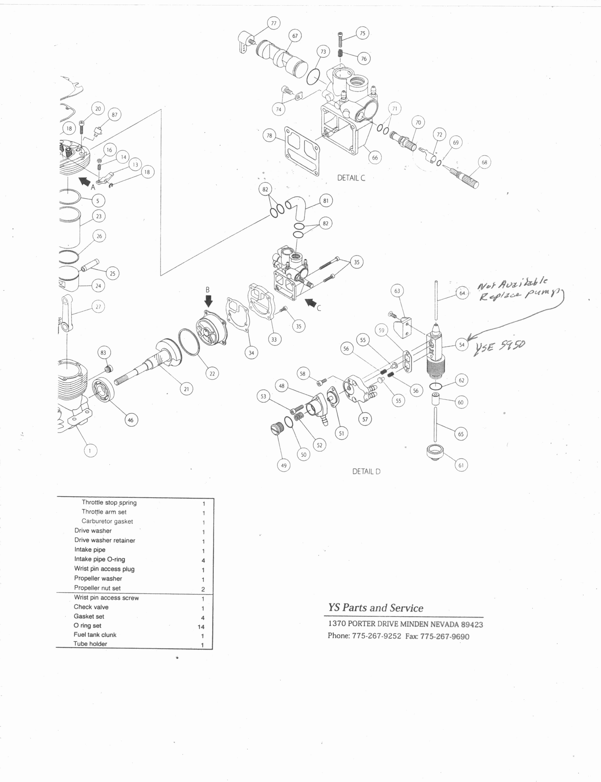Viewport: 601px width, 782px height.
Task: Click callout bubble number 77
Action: click(x=273, y=23)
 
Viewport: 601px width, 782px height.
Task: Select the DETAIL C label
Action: click(x=351, y=178)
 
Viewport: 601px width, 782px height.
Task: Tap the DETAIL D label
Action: click(x=366, y=472)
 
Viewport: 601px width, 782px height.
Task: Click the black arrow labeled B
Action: click(x=208, y=300)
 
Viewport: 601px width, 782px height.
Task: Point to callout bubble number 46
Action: click(x=131, y=420)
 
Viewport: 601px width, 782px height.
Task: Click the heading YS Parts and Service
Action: click(x=376, y=608)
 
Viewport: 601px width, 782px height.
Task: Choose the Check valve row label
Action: click(x=91, y=607)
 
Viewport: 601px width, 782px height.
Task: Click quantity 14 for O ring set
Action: click(x=201, y=627)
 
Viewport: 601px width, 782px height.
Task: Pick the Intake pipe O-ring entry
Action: click(x=99, y=559)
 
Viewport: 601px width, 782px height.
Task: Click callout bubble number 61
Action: click(x=461, y=465)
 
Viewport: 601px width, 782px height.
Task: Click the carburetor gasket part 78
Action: click(x=302, y=151)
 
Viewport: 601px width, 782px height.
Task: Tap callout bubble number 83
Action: click(x=103, y=353)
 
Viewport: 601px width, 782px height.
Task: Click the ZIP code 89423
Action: click(x=472, y=625)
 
